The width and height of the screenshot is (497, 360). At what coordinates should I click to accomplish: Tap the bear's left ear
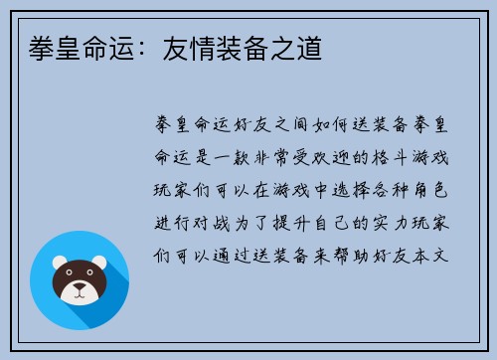pyautogui.click(x=56, y=263)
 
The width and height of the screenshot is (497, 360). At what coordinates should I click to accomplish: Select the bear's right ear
pyautogui.click(x=102, y=263)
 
